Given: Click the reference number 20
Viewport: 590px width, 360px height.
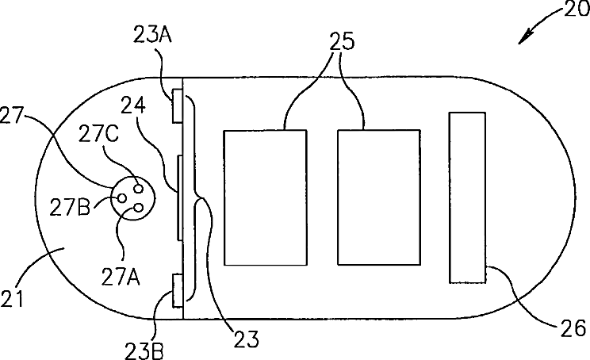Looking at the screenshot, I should tap(575, 10).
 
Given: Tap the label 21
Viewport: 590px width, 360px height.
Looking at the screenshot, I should tap(16, 300).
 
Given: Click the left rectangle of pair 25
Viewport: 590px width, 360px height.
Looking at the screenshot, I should tap(266, 197).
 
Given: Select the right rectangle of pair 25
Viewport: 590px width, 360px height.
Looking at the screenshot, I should tap(379, 197).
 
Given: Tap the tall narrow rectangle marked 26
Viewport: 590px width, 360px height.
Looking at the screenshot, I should tap(468, 197).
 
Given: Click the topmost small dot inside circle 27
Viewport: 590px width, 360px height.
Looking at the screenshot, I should tap(137, 188).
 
